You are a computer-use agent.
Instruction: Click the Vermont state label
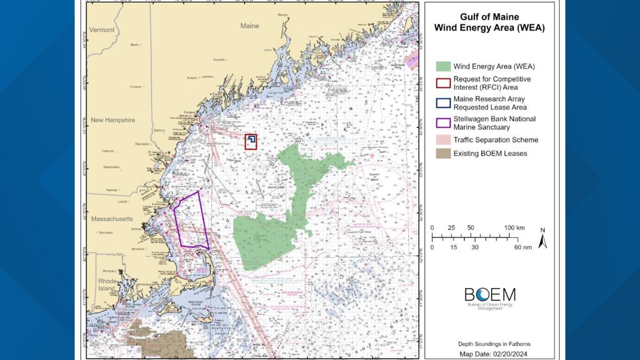[102, 30]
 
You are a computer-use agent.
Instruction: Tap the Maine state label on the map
[250, 26]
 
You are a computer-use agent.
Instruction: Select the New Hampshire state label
[113, 120]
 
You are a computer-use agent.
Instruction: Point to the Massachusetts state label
[112, 218]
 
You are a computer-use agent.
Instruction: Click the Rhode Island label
[107, 285]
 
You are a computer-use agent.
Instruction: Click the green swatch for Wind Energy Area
[443, 66]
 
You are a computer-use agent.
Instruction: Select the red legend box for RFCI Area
[443, 83]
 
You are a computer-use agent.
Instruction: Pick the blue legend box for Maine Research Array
[443, 103]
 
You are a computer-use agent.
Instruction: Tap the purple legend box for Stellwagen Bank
[443, 123]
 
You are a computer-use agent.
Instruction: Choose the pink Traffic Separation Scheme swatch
[443, 140]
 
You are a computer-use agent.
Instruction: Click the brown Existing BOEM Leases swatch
[443, 153]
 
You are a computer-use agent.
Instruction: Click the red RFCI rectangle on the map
[251, 142]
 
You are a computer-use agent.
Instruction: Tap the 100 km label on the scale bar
[514, 227]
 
